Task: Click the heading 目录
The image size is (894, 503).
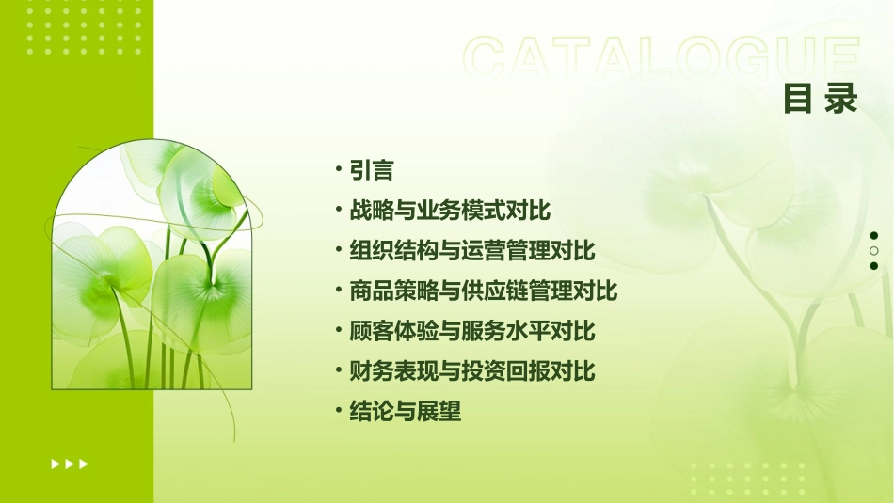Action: pyautogui.click(x=821, y=98)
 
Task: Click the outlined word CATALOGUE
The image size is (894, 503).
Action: pyautogui.click(x=662, y=59)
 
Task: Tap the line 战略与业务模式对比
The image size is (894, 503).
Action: pyautogui.click(x=450, y=211)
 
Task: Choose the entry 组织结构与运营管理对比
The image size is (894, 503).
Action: pyautogui.click(x=472, y=251)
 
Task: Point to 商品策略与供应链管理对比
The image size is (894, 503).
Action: pyautogui.click(x=484, y=291)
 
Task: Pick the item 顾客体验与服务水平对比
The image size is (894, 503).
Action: pyautogui.click(x=472, y=331)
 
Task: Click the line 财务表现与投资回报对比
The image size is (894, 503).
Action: pyautogui.click(x=472, y=371)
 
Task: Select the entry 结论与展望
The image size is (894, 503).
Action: pyautogui.click(x=405, y=412)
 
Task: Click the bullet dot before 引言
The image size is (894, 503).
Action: pyautogui.click(x=337, y=169)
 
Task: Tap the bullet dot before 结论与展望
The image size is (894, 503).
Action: pyautogui.click(x=337, y=410)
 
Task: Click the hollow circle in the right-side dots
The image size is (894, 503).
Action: pyautogui.click(x=874, y=251)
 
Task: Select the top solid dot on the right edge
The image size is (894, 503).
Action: pyautogui.click(x=874, y=236)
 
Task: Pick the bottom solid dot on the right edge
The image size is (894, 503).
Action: pyautogui.click(x=874, y=266)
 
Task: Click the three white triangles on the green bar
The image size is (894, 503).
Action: pyautogui.click(x=70, y=464)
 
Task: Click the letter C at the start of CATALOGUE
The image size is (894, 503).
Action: pyautogui.click(x=490, y=59)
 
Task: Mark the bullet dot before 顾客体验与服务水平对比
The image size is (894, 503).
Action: pyautogui.click(x=337, y=330)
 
